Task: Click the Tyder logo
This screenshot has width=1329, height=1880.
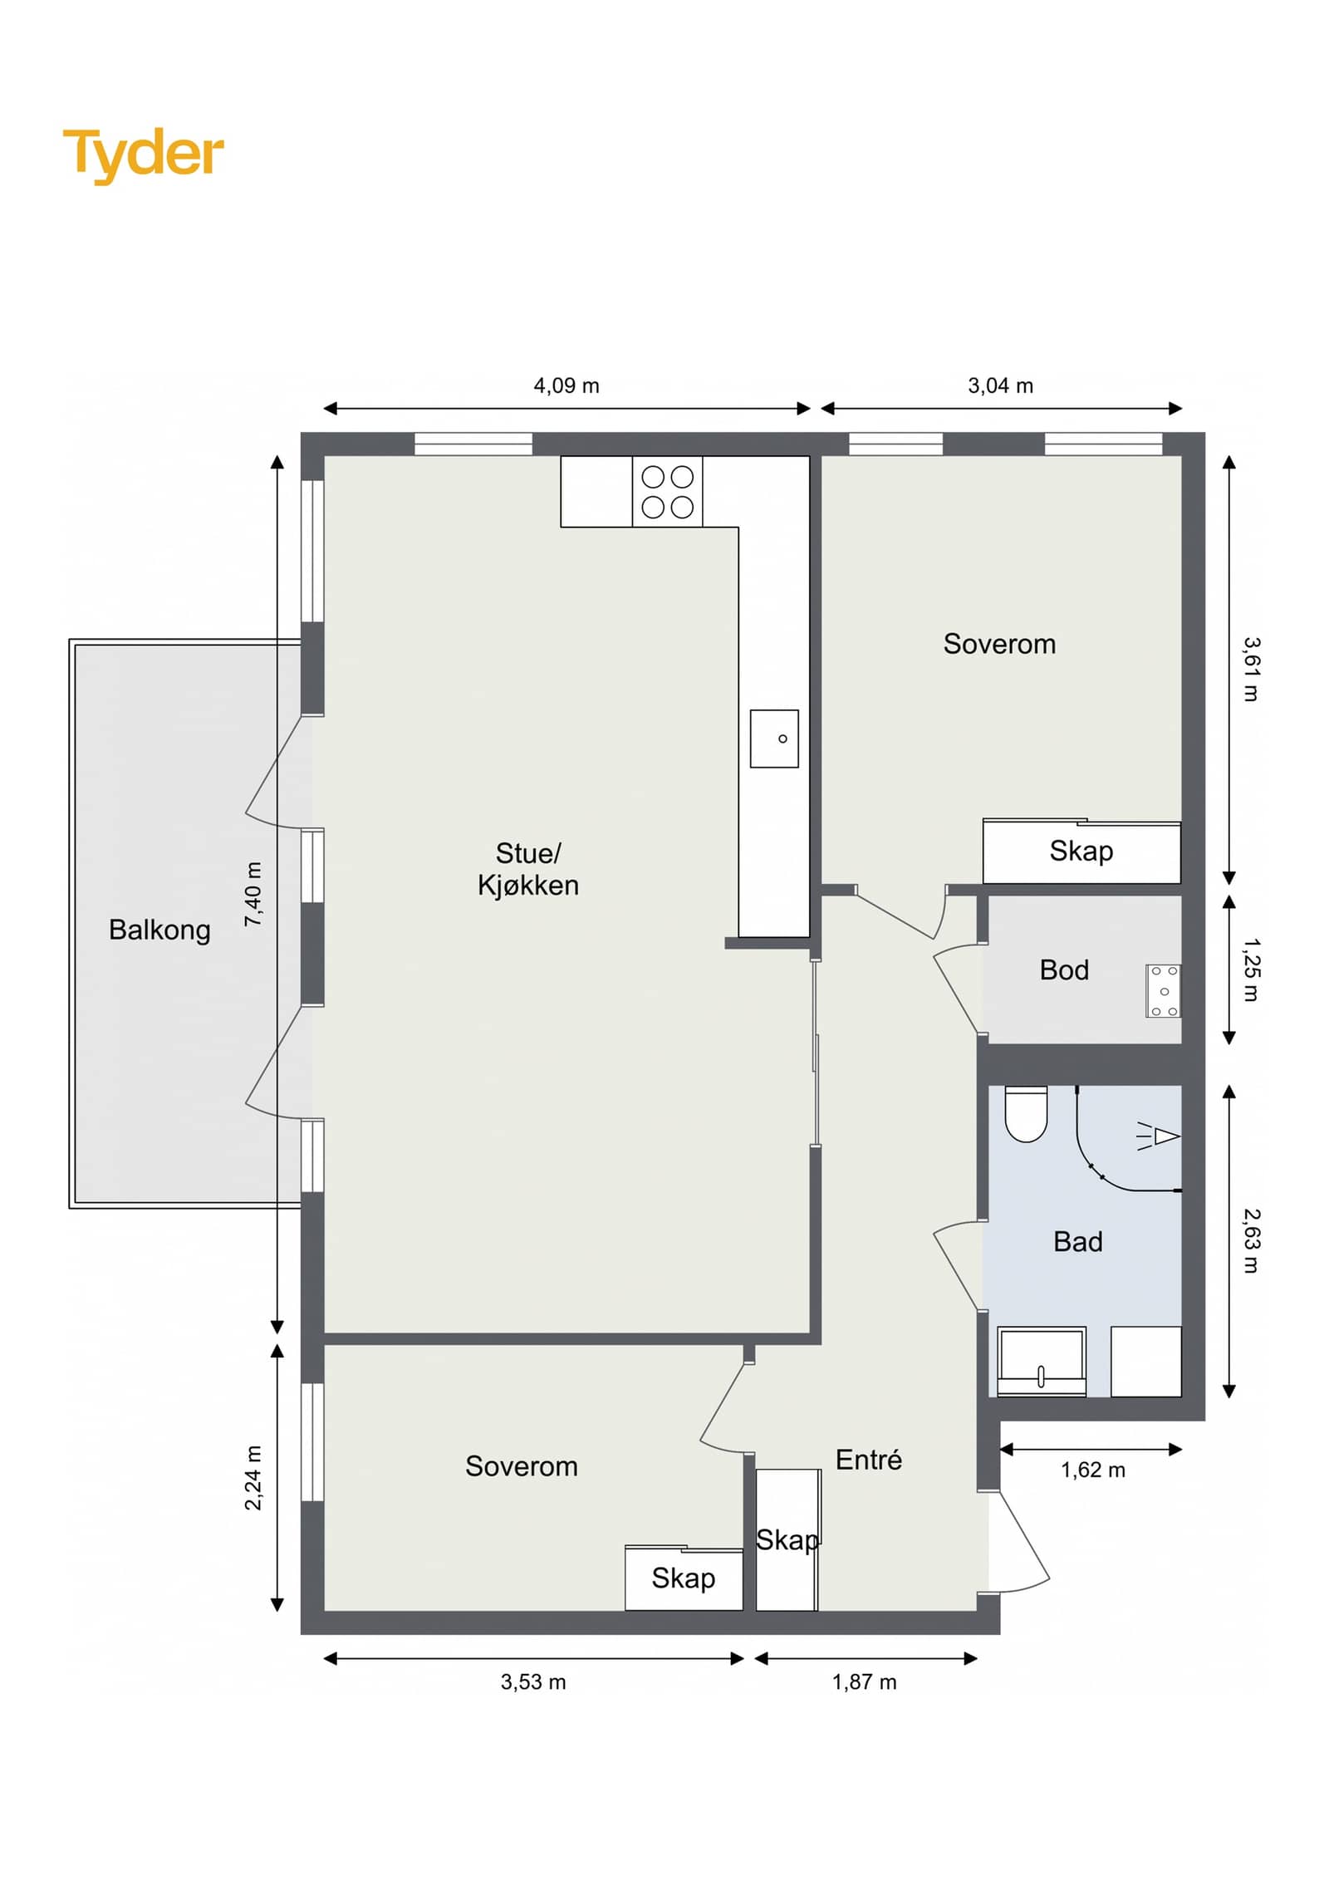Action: pos(143,155)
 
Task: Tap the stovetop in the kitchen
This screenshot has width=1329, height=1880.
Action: pos(667,491)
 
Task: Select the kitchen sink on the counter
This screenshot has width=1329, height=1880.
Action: pos(774,738)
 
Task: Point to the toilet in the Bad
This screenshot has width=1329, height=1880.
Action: pos(1026,1113)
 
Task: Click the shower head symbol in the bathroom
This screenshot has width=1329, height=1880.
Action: pos(1159,1136)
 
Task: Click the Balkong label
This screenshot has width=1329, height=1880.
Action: pos(159,930)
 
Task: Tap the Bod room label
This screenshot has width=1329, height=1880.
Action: pos(1064,969)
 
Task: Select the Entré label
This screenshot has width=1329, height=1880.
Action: pos(868,1460)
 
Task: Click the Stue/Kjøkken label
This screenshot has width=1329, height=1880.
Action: pos(528,869)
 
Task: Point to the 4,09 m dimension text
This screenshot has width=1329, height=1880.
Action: pos(566,385)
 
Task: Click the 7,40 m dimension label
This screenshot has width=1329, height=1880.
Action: pos(253,894)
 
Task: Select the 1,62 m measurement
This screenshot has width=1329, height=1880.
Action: pos(1093,1470)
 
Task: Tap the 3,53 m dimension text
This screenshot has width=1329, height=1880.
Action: pos(533,1681)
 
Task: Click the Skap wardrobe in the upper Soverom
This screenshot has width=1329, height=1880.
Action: pos(1081,852)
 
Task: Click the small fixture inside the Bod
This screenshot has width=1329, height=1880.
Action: pos(1163,990)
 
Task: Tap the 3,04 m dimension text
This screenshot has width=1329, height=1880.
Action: pos(1001,385)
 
